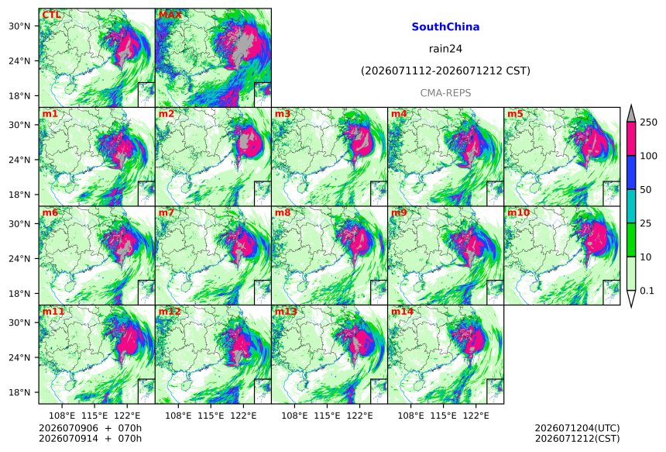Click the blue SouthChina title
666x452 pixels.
445,27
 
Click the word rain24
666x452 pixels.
445,49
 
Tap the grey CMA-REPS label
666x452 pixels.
445,93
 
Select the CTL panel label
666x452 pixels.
51,15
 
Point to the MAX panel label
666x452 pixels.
170,15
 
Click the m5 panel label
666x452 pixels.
515,114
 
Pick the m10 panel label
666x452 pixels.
519,212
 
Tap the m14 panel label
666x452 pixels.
402,312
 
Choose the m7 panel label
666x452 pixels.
166,212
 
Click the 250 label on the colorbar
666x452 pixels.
648,122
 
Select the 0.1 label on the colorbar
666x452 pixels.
647,291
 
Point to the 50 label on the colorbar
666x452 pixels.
646,190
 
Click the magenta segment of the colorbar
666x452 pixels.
632,139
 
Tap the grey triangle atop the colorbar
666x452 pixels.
632,115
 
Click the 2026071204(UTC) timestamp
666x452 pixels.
577,428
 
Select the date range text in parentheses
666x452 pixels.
445,71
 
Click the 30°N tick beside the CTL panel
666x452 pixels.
19,26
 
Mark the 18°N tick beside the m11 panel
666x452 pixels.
19,392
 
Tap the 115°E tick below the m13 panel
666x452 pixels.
327,416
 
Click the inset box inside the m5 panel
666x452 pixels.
612,194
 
